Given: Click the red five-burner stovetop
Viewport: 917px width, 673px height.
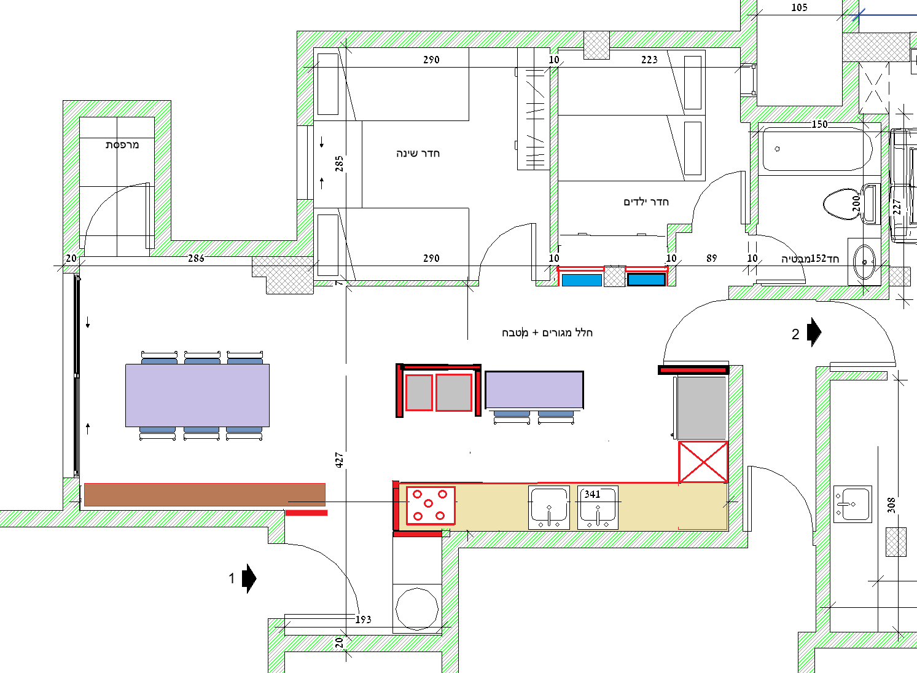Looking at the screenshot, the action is click(x=431, y=505).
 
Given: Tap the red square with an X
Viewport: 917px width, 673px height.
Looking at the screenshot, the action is click(x=703, y=462).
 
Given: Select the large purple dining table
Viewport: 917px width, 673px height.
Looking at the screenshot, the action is click(x=197, y=395).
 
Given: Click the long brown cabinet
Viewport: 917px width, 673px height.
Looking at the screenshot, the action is click(x=205, y=495).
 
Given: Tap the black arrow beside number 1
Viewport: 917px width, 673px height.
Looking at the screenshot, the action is click(x=249, y=578).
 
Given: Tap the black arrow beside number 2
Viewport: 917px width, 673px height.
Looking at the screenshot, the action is click(x=814, y=333).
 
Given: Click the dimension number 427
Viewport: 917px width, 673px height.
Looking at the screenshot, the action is click(x=339, y=460).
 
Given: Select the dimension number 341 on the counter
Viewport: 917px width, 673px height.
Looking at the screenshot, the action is click(x=592, y=494).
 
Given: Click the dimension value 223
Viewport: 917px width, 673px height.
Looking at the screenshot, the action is click(x=649, y=60).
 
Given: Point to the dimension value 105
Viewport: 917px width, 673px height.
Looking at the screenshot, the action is click(x=799, y=8).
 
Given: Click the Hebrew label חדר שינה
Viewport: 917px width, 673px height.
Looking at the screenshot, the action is click(x=418, y=153).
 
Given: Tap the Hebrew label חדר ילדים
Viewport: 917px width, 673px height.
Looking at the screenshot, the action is click(x=646, y=202).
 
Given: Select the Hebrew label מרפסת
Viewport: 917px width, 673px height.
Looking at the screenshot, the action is click(x=122, y=144).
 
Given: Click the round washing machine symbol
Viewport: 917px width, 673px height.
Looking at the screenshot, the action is click(x=417, y=608).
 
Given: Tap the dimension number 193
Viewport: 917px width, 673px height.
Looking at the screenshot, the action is click(x=363, y=620).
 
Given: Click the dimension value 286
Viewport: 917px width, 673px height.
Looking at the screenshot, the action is click(x=196, y=258).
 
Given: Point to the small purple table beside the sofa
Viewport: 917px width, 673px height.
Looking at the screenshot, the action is click(x=534, y=390).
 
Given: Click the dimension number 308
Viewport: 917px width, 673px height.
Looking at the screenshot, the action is click(x=891, y=505).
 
